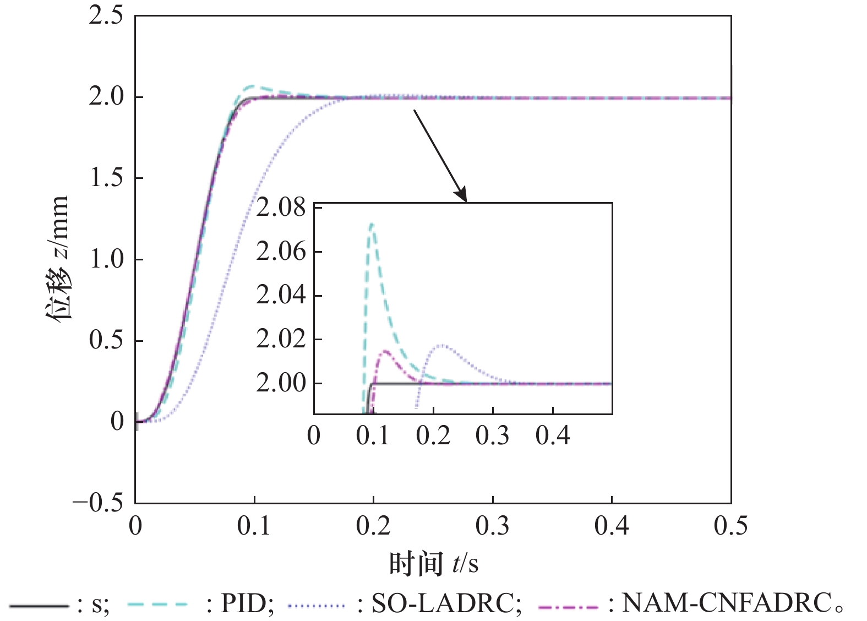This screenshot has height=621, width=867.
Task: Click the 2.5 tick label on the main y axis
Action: click(x=106, y=15)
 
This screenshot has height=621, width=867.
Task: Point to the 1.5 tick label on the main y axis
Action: click(x=106, y=178)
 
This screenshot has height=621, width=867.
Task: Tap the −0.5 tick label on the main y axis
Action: click(x=98, y=503)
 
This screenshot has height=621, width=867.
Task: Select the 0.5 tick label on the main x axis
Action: click(x=730, y=526)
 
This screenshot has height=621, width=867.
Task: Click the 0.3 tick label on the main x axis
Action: click(x=492, y=526)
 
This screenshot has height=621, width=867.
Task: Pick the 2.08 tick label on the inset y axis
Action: click(x=281, y=208)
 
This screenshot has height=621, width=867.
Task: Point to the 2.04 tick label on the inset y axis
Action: click(x=281, y=295)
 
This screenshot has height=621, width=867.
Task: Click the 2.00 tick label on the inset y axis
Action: click(x=281, y=383)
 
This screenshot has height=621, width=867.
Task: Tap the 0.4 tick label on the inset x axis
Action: click(x=553, y=435)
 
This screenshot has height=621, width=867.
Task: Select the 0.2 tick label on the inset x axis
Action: click(x=433, y=435)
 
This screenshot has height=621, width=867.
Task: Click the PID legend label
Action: click(x=247, y=603)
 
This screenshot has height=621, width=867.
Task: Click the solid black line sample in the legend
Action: click(x=39, y=606)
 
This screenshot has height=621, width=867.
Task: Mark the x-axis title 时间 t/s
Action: click(x=433, y=564)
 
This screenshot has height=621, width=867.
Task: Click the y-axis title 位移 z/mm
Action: click(x=57, y=258)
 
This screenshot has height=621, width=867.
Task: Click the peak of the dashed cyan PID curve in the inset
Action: click(x=372, y=224)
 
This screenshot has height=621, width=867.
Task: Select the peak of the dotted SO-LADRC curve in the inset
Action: click(x=442, y=345)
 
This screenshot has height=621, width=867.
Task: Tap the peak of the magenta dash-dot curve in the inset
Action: click(x=384, y=351)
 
